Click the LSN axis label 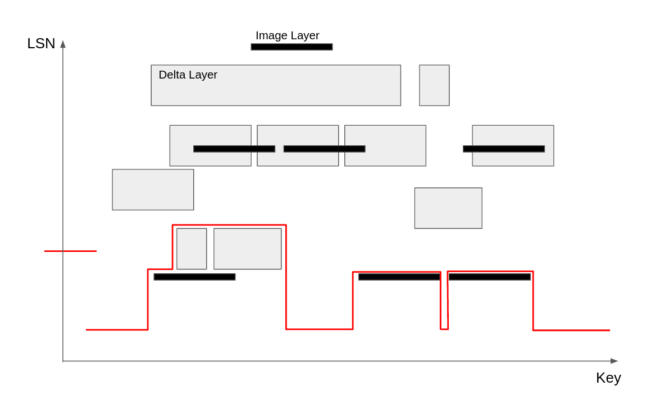point(41,43)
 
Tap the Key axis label point(608,378)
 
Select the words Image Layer point(287,35)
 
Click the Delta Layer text point(188,75)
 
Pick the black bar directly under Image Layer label point(292,47)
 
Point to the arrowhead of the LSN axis point(63,44)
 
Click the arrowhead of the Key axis point(614,361)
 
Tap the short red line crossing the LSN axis point(70,251)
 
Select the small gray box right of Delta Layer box point(434,85)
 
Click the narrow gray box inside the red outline point(192,249)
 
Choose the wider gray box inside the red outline point(247,249)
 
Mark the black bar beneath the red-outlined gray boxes point(194,277)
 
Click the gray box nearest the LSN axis point(153,190)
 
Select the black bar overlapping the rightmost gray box point(504,149)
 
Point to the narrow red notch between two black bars point(444,314)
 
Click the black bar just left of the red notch point(399,277)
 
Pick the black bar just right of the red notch point(489,277)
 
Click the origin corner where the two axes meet point(63,361)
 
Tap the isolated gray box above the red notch point(448,208)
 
